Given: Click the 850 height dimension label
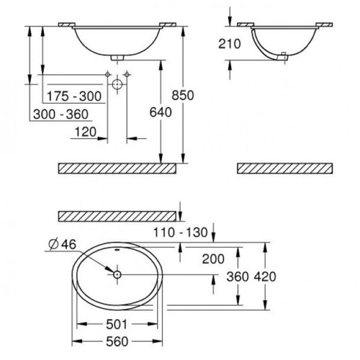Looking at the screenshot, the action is [x=183, y=95].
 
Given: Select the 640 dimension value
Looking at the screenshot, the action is [x=161, y=113].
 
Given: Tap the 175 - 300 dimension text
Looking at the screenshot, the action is [x=74, y=96].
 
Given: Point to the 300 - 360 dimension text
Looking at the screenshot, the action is [x=61, y=115].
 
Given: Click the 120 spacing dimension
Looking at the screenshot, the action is [x=85, y=132].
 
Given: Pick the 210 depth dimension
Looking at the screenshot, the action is [x=229, y=44].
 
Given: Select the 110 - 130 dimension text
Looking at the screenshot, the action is [x=180, y=232].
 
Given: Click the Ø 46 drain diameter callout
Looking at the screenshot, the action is [x=62, y=244].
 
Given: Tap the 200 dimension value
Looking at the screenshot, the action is [x=213, y=259].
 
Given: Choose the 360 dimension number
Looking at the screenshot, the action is [x=238, y=277].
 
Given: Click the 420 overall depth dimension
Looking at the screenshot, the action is [x=265, y=277].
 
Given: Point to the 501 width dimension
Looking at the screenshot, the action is [x=116, y=325].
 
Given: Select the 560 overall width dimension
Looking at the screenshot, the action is [x=117, y=341].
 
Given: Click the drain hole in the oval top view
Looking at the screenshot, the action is [x=117, y=274].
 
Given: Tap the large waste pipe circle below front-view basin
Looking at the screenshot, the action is [x=117, y=84].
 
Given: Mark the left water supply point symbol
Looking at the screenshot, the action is [x=107, y=74].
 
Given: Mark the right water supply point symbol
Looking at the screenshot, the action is [x=127, y=74].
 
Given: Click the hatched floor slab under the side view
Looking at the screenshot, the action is [x=284, y=168].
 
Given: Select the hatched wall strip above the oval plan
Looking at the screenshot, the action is [x=117, y=216].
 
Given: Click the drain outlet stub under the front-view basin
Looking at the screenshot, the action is [x=117, y=58].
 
